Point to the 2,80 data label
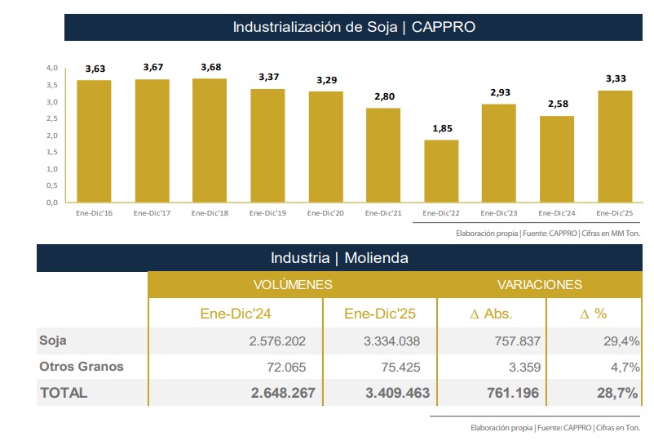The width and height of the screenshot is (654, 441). tap(383, 96)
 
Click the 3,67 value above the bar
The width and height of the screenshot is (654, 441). tap(152, 67)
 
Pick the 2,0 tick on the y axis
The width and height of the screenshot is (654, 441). tap(51, 136)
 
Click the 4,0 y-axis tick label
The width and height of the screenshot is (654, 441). tap(51, 68)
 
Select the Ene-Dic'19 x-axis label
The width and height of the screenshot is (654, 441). tap(267, 213)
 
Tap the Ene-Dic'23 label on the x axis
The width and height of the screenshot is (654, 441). tap(499, 213)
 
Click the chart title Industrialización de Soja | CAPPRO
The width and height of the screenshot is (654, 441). tap(354, 27)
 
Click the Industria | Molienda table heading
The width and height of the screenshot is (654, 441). tap(339, 258)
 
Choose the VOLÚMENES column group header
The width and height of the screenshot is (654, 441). tap(293, 285)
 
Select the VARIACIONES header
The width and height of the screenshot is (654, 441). tap(540, 285)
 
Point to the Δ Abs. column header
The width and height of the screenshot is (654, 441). tap(492, 313)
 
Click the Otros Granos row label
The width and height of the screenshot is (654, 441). tap(82, 366)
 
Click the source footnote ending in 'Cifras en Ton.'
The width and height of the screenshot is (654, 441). tap(555, 427)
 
